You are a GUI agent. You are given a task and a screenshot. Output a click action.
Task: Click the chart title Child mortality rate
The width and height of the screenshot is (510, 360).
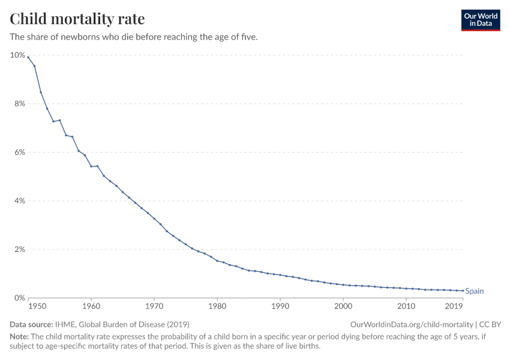(77, 19)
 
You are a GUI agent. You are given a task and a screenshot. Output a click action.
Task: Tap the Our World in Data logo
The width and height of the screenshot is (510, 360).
(480, 20)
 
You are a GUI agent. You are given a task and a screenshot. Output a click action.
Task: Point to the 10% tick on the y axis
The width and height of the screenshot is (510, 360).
(17, 55)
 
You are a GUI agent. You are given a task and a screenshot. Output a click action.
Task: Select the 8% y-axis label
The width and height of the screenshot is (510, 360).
(19, 104)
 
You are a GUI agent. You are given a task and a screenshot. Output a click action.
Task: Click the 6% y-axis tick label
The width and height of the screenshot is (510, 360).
(19, 152)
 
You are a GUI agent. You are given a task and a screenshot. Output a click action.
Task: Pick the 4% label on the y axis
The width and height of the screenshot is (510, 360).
(19, 201)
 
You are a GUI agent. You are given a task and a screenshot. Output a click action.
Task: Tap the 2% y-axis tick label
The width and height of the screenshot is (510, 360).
(19, 250)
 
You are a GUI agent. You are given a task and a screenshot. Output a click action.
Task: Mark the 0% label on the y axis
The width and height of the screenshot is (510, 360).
(19, 298)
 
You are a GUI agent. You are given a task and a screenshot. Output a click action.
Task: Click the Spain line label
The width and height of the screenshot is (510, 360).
(475, 291)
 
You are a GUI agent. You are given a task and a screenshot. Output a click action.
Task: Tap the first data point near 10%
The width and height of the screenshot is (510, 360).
(28, 58)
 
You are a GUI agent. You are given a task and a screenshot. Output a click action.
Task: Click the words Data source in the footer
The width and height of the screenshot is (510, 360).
(31, 324)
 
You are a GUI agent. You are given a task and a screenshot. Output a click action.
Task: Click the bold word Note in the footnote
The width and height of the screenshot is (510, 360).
(19, 337)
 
